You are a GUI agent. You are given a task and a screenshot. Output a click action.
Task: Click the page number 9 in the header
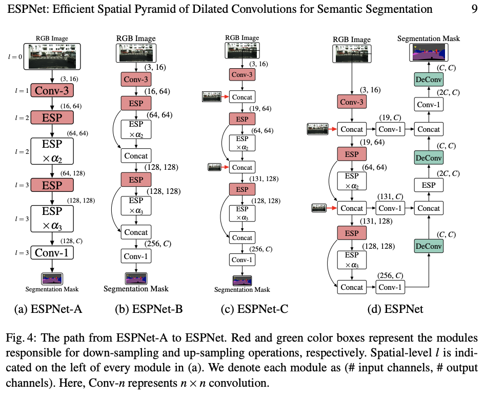coord(474,10)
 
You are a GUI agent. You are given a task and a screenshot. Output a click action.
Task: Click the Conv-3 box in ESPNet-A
coord(53,91)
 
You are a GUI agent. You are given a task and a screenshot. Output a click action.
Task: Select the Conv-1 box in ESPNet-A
coord(53,252)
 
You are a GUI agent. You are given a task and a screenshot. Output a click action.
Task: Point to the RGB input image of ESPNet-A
coord(53,56)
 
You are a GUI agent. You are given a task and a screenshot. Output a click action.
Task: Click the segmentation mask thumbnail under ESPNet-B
coord(136,278)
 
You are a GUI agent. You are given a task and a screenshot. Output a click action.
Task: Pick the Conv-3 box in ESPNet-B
coord(135,80)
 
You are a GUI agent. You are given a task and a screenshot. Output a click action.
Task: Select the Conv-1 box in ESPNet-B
coord(136,255)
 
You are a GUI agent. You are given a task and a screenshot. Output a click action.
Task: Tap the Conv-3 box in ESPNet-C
coord(242,75)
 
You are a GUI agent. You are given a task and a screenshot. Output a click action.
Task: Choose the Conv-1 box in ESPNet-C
coord(242,260)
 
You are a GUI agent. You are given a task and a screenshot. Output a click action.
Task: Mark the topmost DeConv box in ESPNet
coord(429,80)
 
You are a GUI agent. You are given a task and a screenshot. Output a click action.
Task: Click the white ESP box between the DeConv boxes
coord(429,185)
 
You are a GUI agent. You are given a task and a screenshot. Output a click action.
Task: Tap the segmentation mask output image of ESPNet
coord(429,53)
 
